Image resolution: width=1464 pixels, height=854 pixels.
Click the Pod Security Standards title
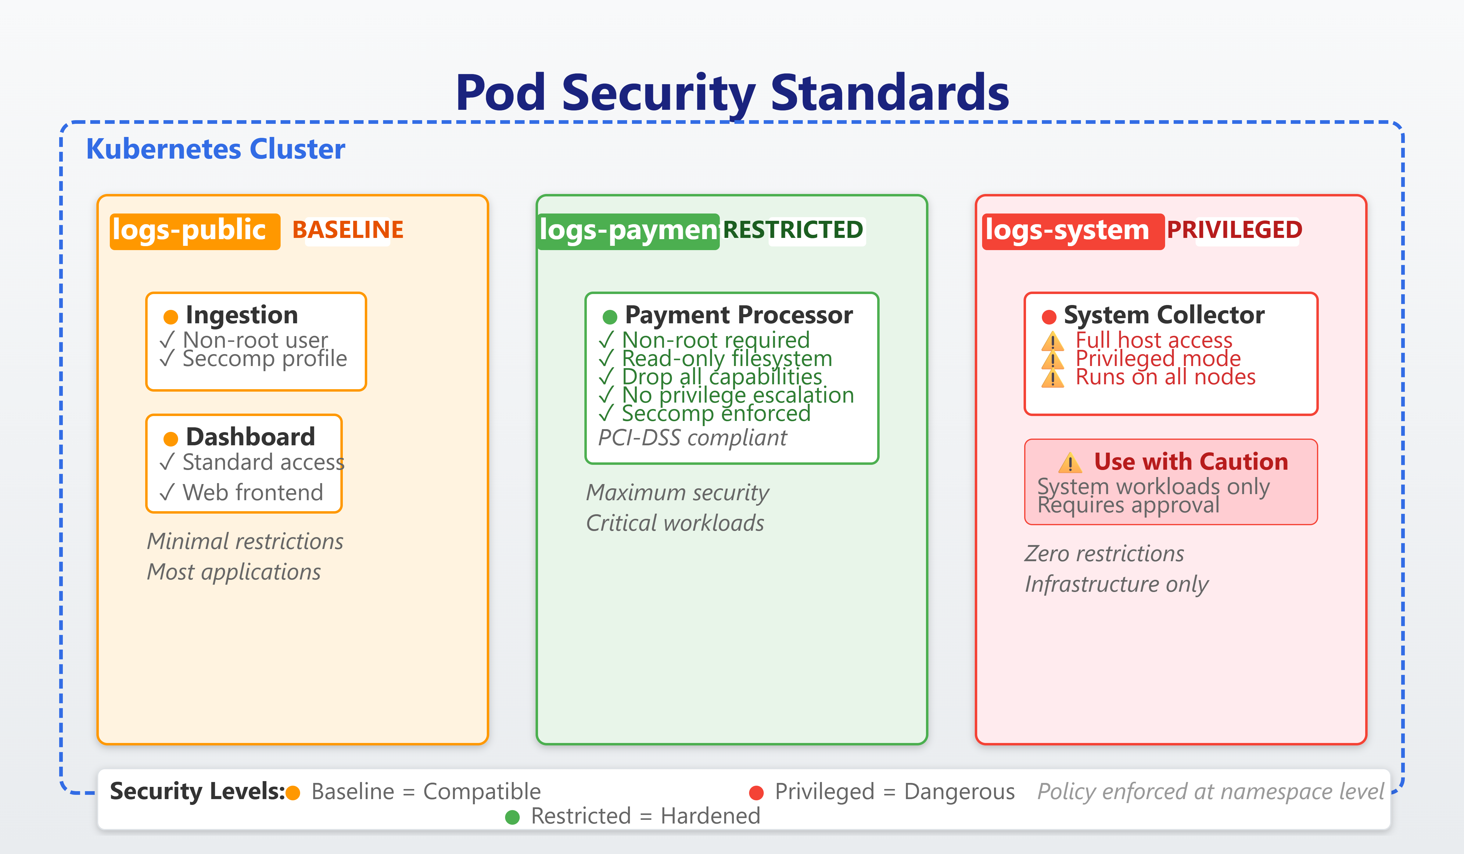click(732, 93)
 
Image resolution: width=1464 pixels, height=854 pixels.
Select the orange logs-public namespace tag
click(195, 231)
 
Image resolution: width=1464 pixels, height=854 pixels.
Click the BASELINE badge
click(347, 230)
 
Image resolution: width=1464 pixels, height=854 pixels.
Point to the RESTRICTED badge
click(793, 230)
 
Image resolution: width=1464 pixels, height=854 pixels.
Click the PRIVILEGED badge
click(1234, 230)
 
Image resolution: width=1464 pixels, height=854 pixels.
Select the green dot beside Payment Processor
click(609, 317)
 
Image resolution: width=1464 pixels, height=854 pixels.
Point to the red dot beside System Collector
click(1049, 317)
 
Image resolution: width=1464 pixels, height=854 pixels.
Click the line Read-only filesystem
click(726, 358)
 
